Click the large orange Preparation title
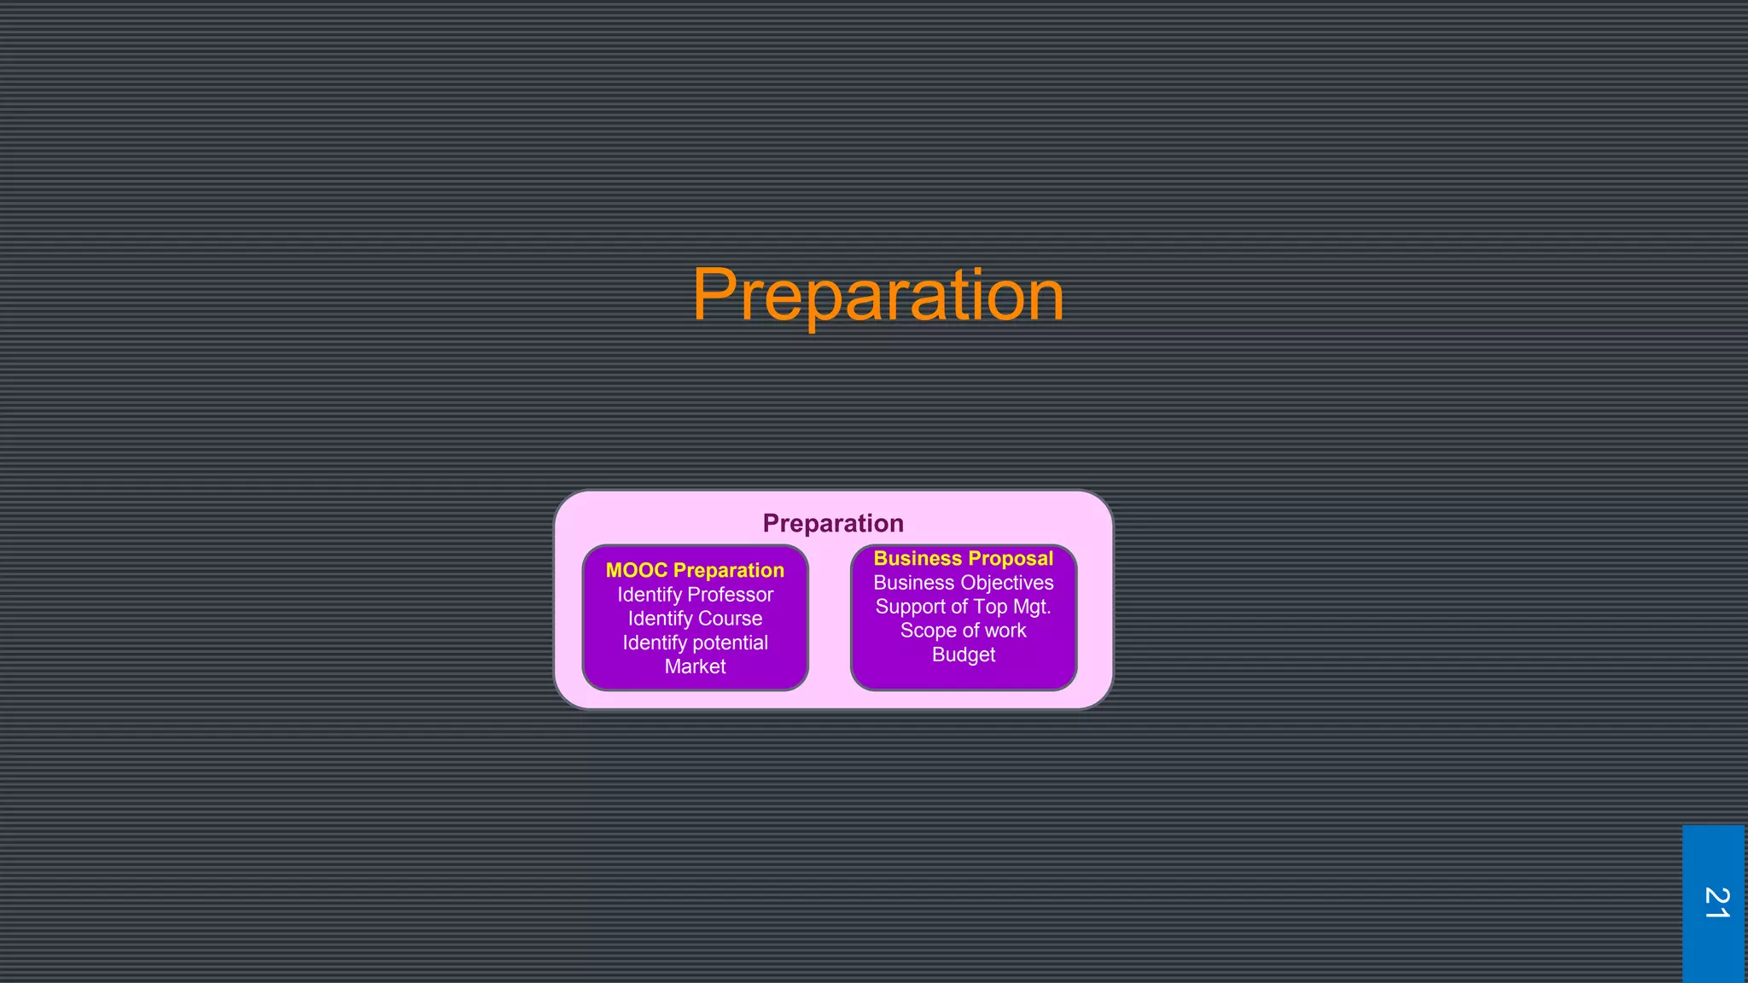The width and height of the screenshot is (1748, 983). pyautogui.click(x=877, y=295)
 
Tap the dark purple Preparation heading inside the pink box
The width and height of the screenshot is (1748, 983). pyautogui.click(x=833, y=523)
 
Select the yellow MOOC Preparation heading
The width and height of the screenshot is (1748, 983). pyautogui.click(x=695, y=570)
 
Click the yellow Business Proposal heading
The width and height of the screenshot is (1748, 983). pyautogui.click(x=963, y=558)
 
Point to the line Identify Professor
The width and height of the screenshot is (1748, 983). pyautogui.click(x=695, y=595)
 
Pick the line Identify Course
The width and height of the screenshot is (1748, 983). pyautogui.click(x=695, y=619)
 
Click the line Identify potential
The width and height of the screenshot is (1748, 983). pyautogui.click(x=695, y=643)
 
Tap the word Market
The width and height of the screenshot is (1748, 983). pyautogui.click(x=695, y=666)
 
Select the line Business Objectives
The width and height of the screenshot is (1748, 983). pyautogui.click(x=963, y=583)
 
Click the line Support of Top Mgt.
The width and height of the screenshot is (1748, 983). pyautogui.click(x=963, y=607)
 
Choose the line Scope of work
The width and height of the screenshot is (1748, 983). pyautogui.click(x=963, y=631)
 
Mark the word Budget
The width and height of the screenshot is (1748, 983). pyautogui.click(x=963, y=654)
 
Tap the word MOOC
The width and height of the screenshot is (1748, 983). pyautogui.click(x=636, y=570)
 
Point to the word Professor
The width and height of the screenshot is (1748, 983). pyautogui.click(x=731, y=595)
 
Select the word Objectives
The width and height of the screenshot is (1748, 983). pyautogui.click(x=1005, y=583)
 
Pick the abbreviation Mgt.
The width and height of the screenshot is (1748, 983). pyautogui.click(x=1033, y=607)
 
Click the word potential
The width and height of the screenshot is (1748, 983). pyautogui.click(x=730, y=643)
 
